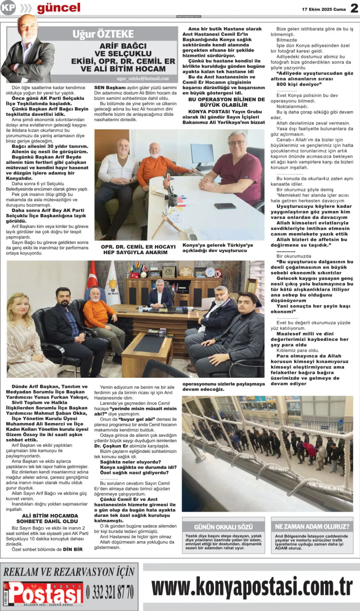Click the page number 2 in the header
[x=354, y=8]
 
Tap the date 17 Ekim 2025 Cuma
[x=324, y=9]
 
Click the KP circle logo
[x=8, y=8]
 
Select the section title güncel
[x=58, y=8]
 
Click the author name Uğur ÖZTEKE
[x=103, y=34]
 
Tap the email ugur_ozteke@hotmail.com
[x=143, y=79]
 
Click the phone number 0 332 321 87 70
[x=110, y=592]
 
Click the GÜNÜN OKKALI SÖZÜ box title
[x=223, y=527]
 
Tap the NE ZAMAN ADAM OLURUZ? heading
[x=312, y=526]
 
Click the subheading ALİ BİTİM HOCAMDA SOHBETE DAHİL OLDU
[x=50, y=518]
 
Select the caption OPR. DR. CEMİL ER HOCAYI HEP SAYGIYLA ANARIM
[x=138, y=250]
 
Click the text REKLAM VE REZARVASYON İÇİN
[x=69, y=572]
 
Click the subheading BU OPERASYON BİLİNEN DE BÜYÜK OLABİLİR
[x=224, y=102]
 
